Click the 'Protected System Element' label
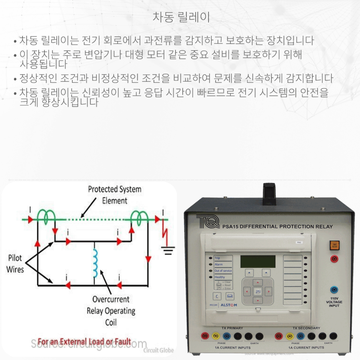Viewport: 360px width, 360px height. (114, 195)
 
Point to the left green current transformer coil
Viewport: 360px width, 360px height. (47, 216)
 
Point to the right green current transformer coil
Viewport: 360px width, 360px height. (139, 216)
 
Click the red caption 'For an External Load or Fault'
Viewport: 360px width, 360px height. (84, 341)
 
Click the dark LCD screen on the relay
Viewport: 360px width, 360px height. (258, 261)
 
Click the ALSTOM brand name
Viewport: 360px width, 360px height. (229, 305)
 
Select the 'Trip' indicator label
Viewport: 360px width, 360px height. (217, 258)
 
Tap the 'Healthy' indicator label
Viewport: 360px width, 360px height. (220, 277)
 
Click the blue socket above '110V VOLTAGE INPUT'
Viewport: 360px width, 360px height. (334, 290)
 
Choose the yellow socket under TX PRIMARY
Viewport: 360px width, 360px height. (216, 336)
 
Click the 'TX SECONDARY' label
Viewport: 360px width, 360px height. (306, 328)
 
